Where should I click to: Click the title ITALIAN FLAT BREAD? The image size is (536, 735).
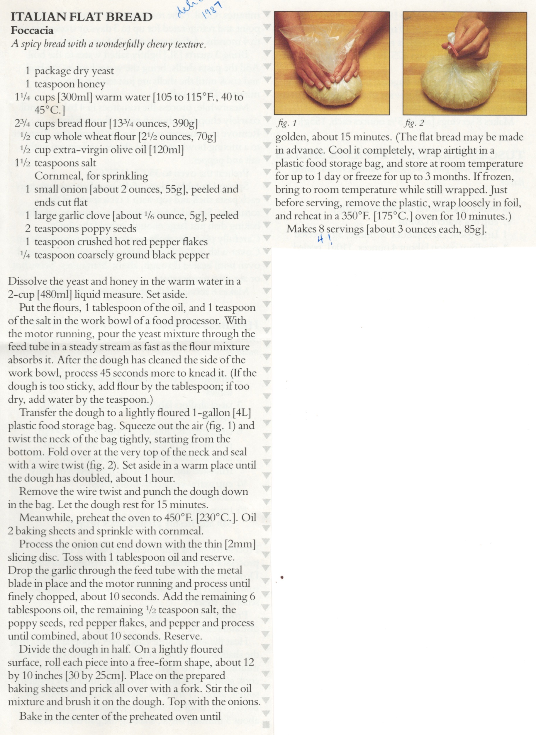tap(82, 17)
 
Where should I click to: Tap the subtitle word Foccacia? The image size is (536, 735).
tap(32, 30)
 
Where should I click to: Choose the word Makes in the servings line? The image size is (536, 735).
tap(301, 229)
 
